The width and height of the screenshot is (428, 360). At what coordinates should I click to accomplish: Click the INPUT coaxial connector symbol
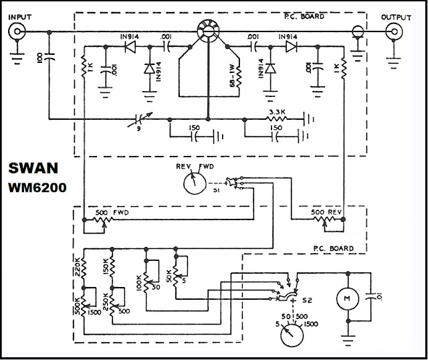pos(15,31)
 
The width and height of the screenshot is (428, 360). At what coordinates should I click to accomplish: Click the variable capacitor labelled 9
pos(140,121)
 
